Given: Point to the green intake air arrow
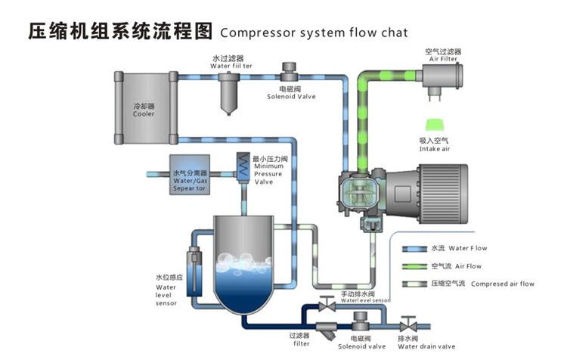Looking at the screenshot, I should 435,123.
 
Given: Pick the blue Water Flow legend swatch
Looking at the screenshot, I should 412,247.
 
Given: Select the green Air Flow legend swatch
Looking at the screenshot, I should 412,266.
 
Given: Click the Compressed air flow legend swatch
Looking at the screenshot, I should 412,284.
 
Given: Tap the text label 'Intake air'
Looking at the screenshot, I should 434,148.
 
